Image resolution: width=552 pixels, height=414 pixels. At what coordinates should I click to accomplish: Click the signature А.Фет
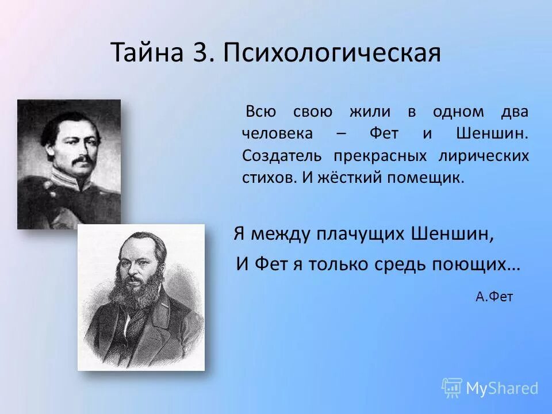point(494,297)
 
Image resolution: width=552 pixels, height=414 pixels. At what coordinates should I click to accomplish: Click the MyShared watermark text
point(502,388)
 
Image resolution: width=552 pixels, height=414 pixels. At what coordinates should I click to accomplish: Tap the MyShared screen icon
point(452,388)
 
